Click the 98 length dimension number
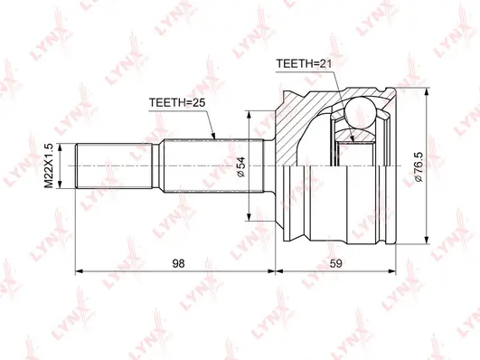[x=178, y=263]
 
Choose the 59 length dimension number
[x=336, y=263]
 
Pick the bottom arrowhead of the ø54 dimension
[x=249, y=214]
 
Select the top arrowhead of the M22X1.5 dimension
[x=61, y=144]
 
